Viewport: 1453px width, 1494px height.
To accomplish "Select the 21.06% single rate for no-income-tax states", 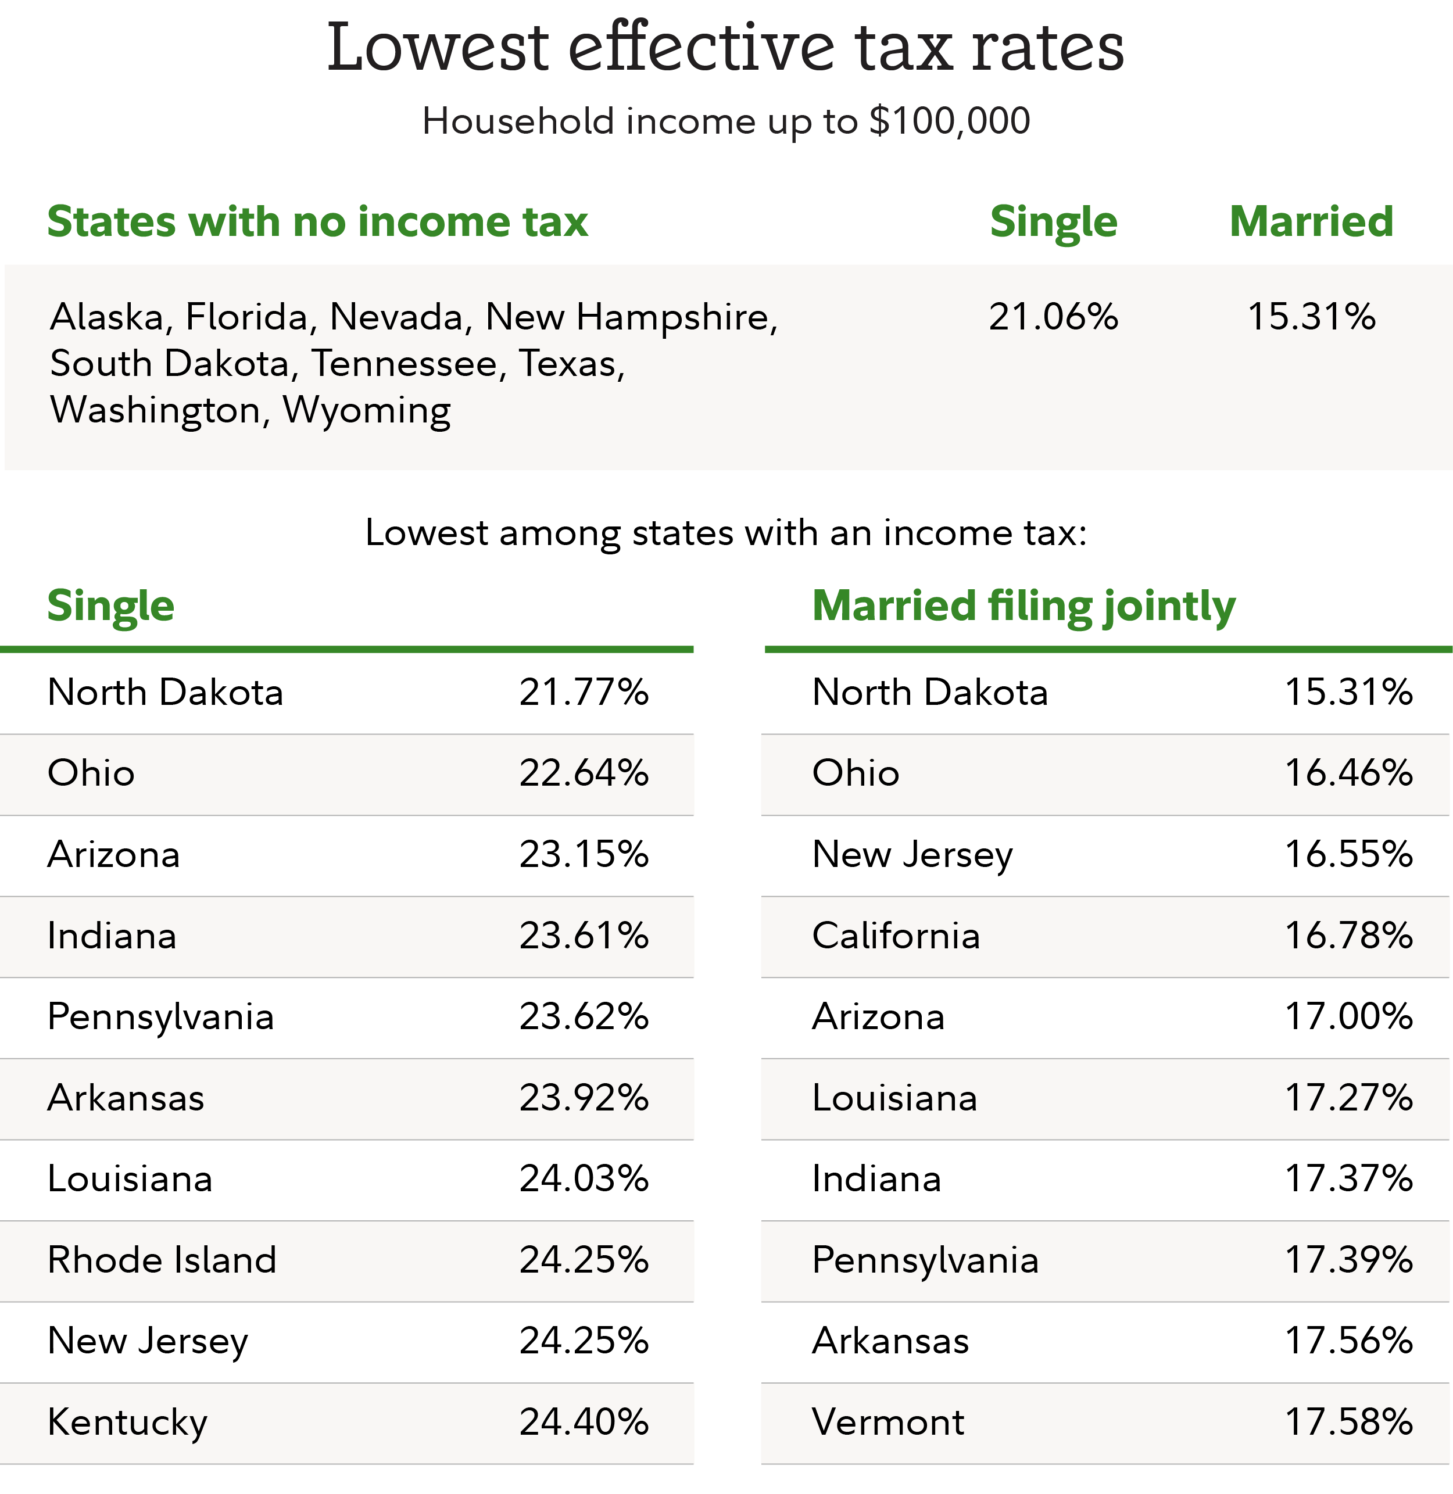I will point(1053,317).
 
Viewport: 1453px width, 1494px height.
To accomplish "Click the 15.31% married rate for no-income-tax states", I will point(1311,317).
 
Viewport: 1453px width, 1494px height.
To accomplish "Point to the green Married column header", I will point(1311,222).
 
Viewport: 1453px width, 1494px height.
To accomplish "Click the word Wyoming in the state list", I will point(366,410).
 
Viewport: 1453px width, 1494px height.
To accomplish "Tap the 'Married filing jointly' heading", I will point(1023,606).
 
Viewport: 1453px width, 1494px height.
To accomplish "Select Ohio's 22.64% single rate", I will point(584,773).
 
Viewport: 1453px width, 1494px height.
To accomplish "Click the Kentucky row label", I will point(127,1423).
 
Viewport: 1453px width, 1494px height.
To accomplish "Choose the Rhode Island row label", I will point(162,1260).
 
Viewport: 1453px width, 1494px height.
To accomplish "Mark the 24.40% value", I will point(584,1423).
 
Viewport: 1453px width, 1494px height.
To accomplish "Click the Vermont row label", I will point(888,1423).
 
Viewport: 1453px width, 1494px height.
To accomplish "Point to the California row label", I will point(896,936).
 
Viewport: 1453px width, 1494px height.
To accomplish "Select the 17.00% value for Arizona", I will point(1348,1016).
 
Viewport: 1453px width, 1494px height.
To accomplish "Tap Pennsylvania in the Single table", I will point(160,1017).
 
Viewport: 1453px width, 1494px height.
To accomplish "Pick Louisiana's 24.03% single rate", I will point(584,1179).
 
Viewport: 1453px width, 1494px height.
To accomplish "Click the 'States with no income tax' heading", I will point(317,222).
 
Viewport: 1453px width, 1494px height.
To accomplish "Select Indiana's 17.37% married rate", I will point(1348,1179).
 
